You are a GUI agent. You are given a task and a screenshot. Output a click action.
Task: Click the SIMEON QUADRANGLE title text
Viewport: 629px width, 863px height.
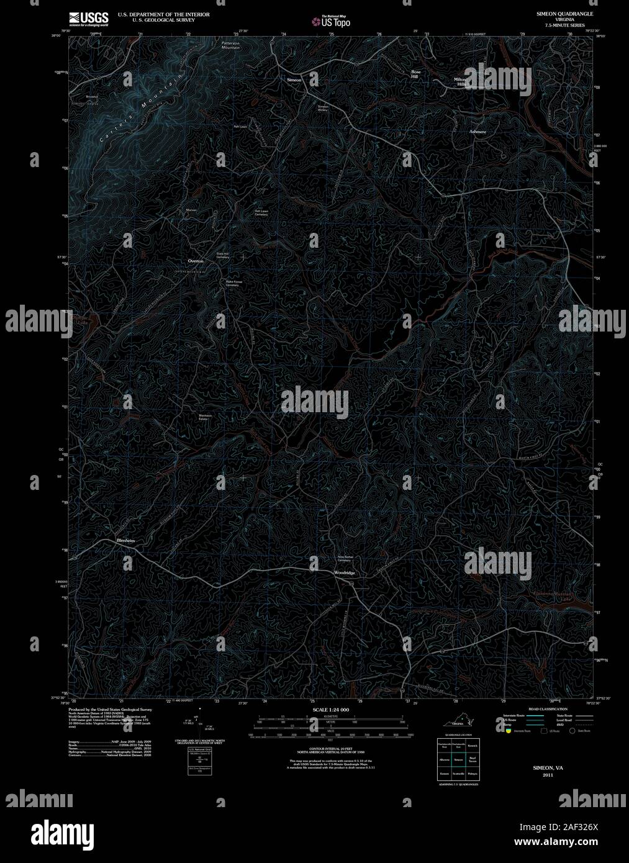tap(556, 13)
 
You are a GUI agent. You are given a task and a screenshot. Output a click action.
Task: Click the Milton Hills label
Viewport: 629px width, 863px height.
tap(460, 81)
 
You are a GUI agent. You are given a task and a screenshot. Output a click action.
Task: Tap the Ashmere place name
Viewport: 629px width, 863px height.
tap(477, 132)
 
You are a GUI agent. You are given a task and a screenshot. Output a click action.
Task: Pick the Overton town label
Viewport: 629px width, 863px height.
tap(196, 261)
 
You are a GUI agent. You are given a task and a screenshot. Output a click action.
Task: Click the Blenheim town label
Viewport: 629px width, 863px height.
tap(125, 541)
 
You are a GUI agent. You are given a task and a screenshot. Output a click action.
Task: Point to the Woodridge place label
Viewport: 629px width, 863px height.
tap(344, 572)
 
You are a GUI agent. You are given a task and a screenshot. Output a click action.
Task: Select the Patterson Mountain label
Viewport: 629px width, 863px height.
tap(231, 45)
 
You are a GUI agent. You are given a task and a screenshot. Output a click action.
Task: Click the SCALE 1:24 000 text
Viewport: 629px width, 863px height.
tap(330, 710)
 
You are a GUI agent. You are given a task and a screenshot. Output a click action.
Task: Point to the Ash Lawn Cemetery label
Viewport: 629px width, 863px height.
tap(261, 212)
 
